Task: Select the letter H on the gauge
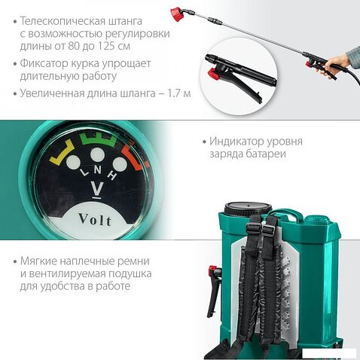tap(112, 174)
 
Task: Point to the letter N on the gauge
tap(95, 169)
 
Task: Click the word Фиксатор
tap(47, 65)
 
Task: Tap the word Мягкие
tap(40, 260)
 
